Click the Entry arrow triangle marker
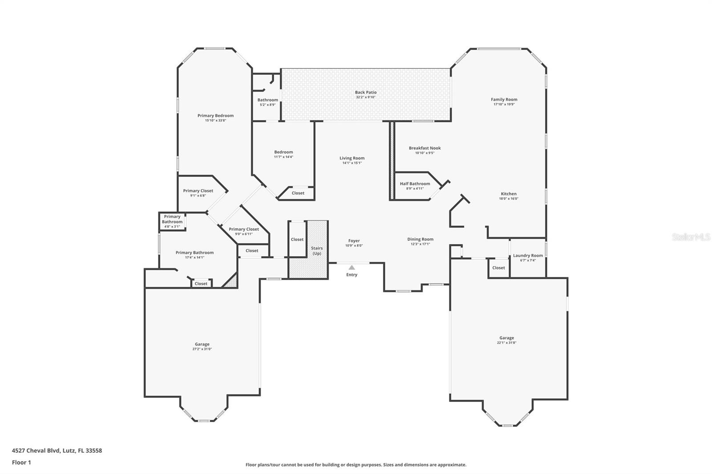tap(352, 267)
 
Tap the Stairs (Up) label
tap(317, 251)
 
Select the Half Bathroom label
tap(415, 184)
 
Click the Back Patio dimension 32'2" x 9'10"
tap(365, 97)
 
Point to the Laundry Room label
tap(528, 255)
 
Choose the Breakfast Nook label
tap(425, 148)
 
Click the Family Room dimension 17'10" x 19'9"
tap(504, 104)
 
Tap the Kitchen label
tap(509, 194)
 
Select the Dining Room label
tap(420, 239)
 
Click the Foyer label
tap(354, 241)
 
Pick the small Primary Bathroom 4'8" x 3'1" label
tap(172, 221)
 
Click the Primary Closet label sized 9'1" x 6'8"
tap(198, 191)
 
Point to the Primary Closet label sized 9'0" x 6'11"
tap(243, 229)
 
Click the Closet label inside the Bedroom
tap(298, 193)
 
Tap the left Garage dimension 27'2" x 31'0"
tap(202, 349)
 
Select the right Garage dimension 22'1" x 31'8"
tap(506, 343)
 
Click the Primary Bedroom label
tap(215, 116)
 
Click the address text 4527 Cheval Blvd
tap(57, 450)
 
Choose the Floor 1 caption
tap(21, 462)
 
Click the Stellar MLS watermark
tap(691, 237)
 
